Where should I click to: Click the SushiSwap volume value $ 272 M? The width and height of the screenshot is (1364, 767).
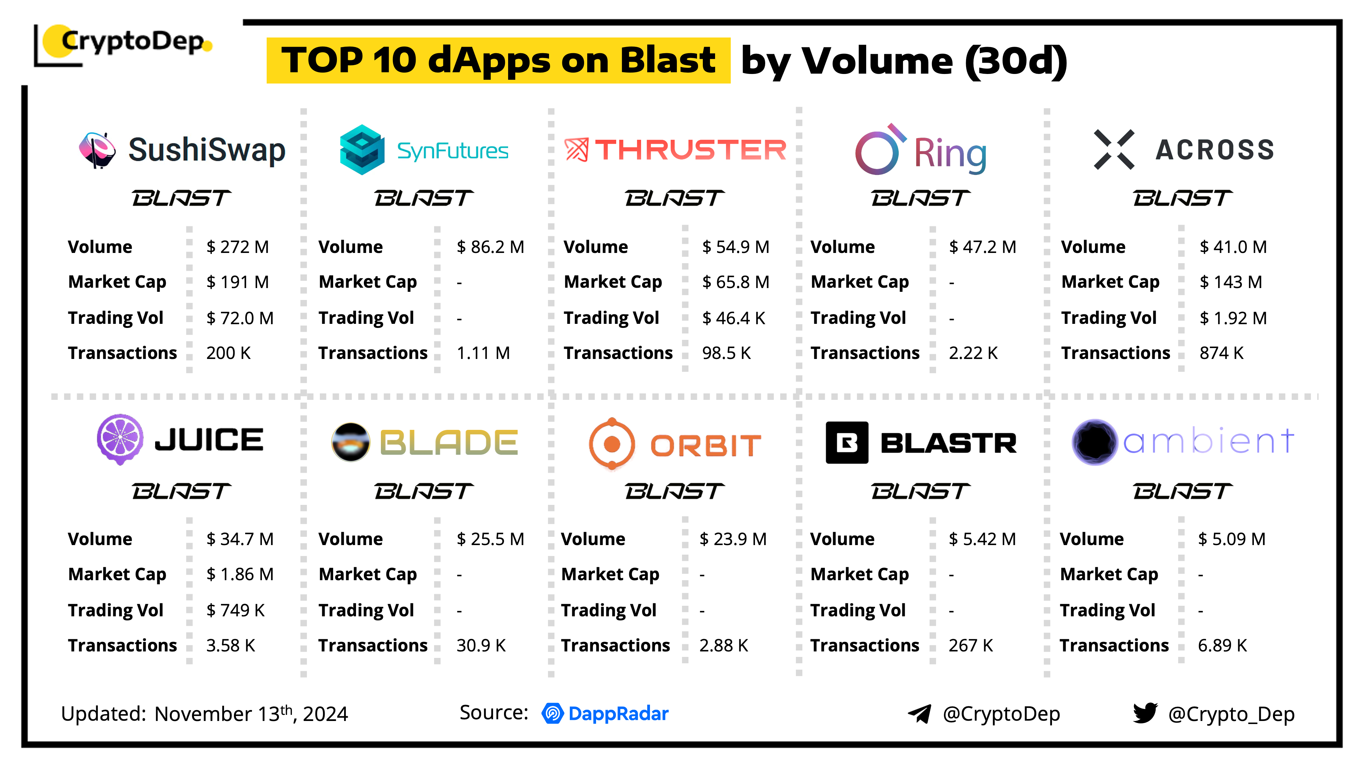[x=238, y=247]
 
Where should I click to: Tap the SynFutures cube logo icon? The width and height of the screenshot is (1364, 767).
[x=362, y=150]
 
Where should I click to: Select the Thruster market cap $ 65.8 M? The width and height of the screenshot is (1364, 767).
[x=736, y=282]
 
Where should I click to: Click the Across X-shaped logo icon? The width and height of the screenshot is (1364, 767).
[x=1114, y=149]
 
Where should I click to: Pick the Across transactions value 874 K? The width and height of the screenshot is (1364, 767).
[x=1221, y=353]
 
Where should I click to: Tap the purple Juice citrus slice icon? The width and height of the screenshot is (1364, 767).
[x=120, y=439]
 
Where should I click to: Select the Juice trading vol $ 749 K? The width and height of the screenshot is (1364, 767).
[x=235, y=610]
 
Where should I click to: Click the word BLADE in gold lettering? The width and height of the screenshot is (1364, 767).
[x=448, y=442]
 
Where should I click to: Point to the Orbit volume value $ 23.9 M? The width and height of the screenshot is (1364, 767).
[x=733, y=539]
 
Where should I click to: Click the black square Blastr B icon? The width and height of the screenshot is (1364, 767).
[x=847, y=442]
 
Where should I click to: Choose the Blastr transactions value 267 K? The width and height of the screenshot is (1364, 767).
[x=970, y=646]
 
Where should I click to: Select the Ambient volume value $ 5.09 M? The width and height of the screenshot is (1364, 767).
[x=1232, y=539]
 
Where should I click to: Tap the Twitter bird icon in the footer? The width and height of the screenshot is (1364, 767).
[x=1145, y=713]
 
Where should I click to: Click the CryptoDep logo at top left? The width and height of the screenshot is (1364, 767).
[x=123, y=45]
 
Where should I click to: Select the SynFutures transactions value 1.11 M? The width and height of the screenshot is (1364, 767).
[x=483, y=353]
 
